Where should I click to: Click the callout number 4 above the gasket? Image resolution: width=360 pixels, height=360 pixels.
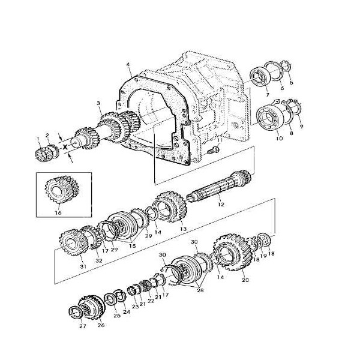(x=128, y=64)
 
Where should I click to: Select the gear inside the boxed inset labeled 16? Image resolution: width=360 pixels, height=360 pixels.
(x=58, y=190)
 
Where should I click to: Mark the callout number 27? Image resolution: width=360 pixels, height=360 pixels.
(x=82, y=328)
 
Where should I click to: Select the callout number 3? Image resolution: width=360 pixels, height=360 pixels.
(x=98, y=104)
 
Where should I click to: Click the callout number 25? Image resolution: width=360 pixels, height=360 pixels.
(x=117, y=315)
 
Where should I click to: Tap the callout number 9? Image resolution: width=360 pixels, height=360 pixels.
(x=302, y=126)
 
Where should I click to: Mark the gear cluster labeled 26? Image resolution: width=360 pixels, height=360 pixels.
(x=92, y=308)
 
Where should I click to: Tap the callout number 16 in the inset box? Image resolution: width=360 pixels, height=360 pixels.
(x=58, y=212)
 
